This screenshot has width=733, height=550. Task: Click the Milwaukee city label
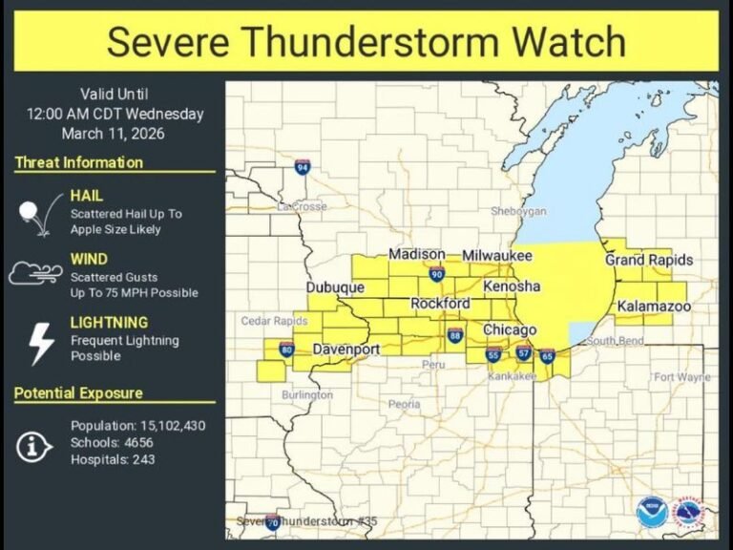pyautogui.click(x=497, y=256)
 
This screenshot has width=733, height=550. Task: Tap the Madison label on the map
pyautogui.click(x=416, y=254)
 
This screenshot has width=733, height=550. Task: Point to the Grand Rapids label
pyautogui.click(x=649, y=260)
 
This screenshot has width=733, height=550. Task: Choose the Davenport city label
pyautogui.click(x=347, y=349)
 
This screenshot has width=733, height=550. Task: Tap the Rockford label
pyautogui.click(x=440, y=304)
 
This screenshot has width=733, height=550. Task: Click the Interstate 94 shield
pyautogui.click(x=302, y=168)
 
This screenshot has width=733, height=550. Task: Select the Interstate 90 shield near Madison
pyautogui.click(x=436, y=275)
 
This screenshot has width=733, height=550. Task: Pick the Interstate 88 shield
pyautogui.click(x=455, y=335)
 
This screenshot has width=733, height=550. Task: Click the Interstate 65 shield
pyautogui.click(x=547, y=356)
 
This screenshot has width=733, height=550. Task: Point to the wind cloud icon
pyautogui.click(x=35, y=274)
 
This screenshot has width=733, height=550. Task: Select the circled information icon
pyautogui.click(x=34, y=445)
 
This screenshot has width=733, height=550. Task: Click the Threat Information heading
pyautogui.click(x=79, y=162)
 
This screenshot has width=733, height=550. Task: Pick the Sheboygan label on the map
pyautogui.click(x=518, y=210)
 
